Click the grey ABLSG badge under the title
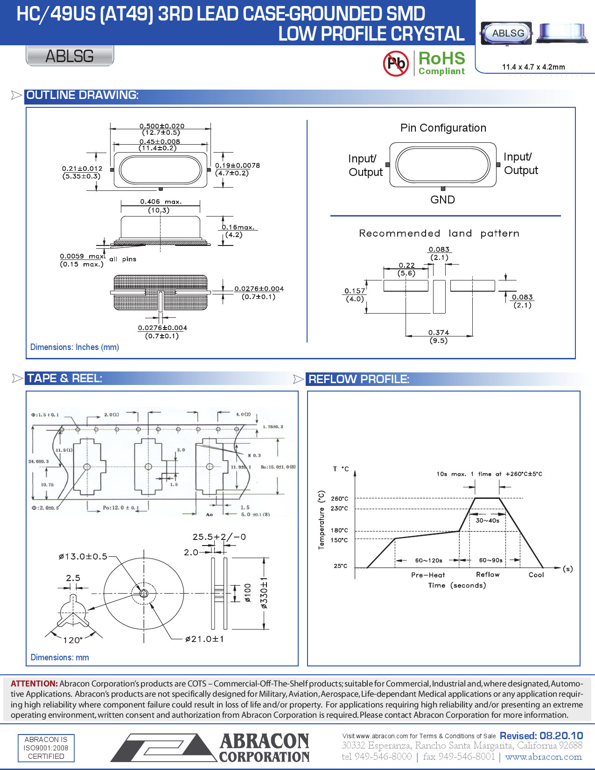[x=70, y=56]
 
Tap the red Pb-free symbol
[x=396, y=63]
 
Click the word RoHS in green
[x=441, y=59]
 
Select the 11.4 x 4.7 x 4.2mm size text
[x=533, y=67]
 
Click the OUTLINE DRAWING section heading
[x=82, y=95]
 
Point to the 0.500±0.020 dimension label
[x=162, y=126]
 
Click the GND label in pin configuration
[x=442, y=200]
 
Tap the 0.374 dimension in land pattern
[x=439, y=332]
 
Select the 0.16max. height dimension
[x=238, y=227]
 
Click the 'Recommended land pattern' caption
[x=439, y=233]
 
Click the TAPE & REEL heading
[x=64, y=378]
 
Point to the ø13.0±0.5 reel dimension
[x=83, y=556]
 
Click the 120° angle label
[x=73, y=640]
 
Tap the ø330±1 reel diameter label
[x=264, y=593]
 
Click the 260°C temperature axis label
[x=339, y=498]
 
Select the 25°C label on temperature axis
[x=340, y=566]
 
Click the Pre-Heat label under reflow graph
[x=428, y=575]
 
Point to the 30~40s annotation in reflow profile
[x=487, y=520]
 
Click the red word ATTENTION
[x=34, y=684]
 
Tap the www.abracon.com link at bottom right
[x=543, y=757]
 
